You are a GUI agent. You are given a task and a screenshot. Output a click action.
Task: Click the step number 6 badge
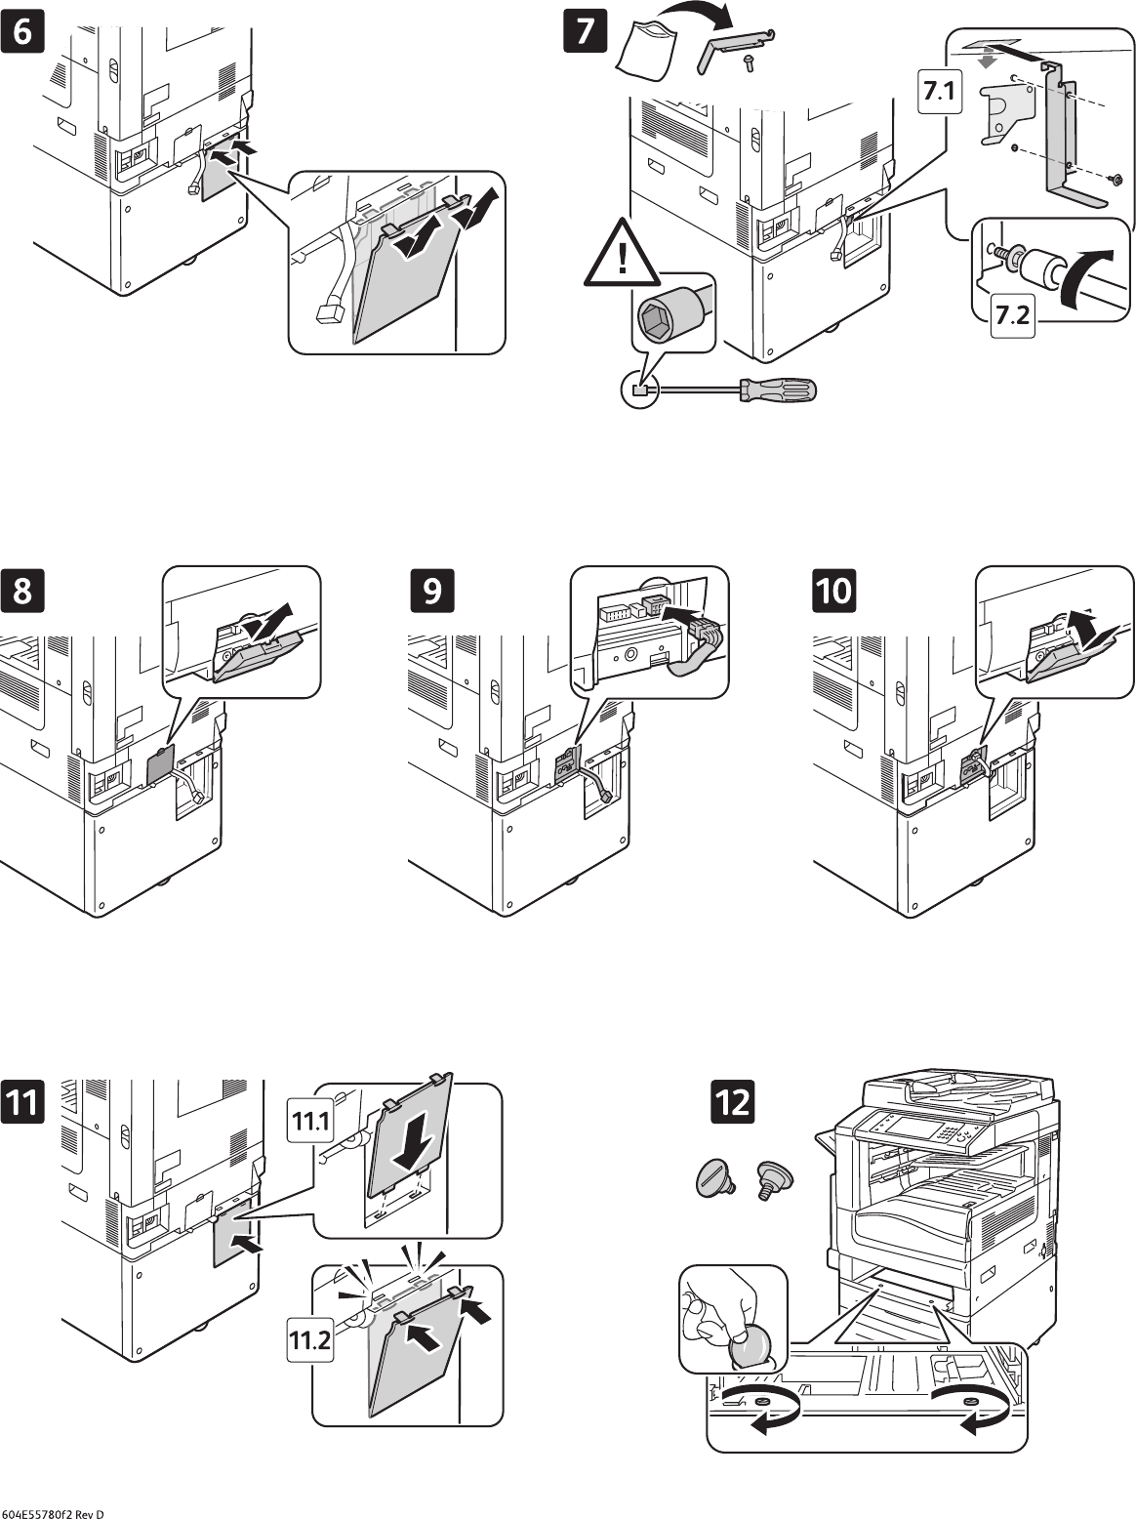(x=23, y=30)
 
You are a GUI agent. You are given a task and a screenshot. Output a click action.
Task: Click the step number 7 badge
(x=584, y=30)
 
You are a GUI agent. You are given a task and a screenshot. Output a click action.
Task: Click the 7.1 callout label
(x=938, y=93)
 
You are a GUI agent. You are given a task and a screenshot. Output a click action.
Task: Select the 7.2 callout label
(x=1013, y=315)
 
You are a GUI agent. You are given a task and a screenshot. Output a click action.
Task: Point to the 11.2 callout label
(x=309, y=1344)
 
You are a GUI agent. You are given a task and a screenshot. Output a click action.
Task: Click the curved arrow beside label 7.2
(x=1086, y=275)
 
